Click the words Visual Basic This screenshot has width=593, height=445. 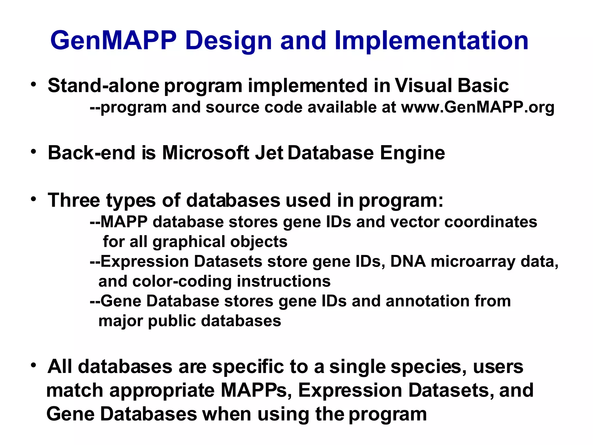(452, 86)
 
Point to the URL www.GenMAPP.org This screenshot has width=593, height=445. (477, 107)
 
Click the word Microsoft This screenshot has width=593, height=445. (206, 153)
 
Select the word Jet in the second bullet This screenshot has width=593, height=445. (269, 153)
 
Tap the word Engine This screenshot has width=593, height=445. (412, 153)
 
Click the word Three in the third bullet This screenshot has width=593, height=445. (74, 200)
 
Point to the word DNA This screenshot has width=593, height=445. (408, 262)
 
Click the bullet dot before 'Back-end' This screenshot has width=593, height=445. (34, 152)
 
